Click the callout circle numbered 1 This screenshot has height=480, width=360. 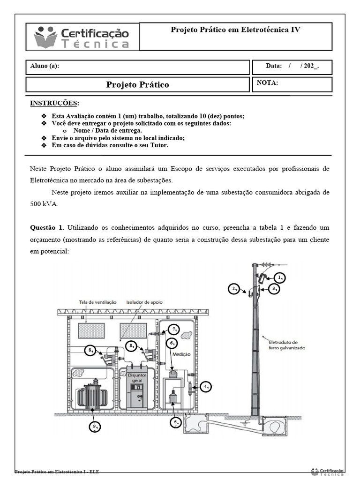tap(280, 277)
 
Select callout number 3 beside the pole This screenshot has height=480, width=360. tap(275, 289)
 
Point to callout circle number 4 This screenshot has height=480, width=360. tap(205, 387)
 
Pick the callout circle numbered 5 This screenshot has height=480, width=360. tap(175, 422)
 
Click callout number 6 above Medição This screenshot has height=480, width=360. tap(172, 343)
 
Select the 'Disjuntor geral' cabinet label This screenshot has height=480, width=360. tap(137, 378)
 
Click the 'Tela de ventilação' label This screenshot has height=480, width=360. tap(98, 302)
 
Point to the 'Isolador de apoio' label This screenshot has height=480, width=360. tap(144, 302)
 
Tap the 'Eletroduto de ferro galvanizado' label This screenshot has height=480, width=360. tap(287, 345)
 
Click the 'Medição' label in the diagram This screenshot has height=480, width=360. tap(181, 355)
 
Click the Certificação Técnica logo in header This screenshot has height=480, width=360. tap(82, 37)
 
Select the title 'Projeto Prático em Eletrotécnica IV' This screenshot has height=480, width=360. tap(235, 30)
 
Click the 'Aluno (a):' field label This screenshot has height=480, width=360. tap(45, 66)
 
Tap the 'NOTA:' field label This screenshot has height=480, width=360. tap(268, 83)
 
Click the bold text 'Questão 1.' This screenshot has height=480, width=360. tap(46, 227)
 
